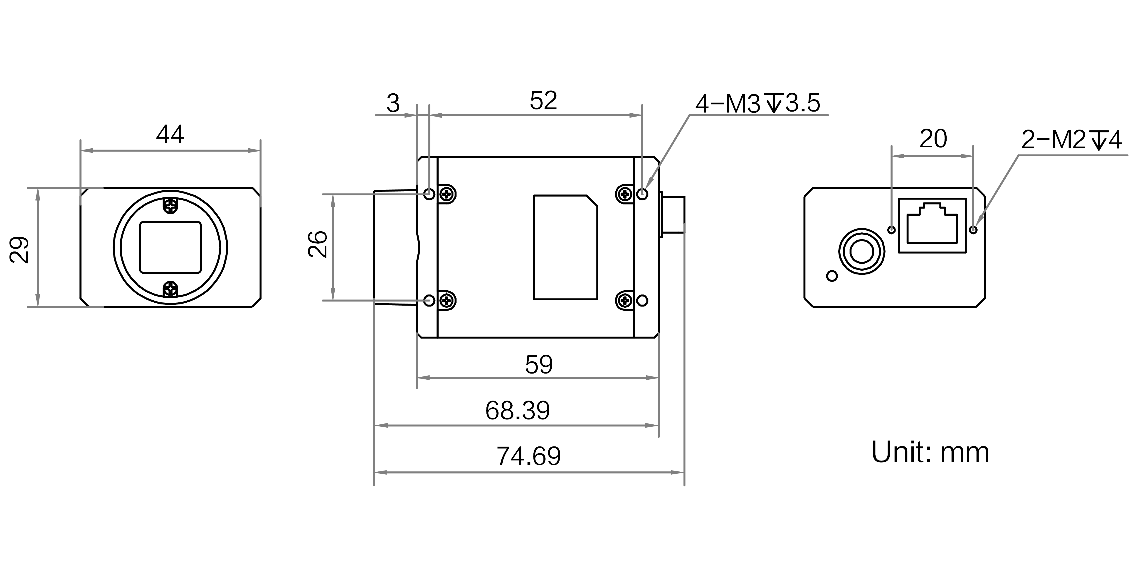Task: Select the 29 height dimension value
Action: coord(19,250)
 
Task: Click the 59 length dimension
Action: coord(538,364)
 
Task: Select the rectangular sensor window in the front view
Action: coord(170,247)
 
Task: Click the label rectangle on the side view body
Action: coord(565,247)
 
